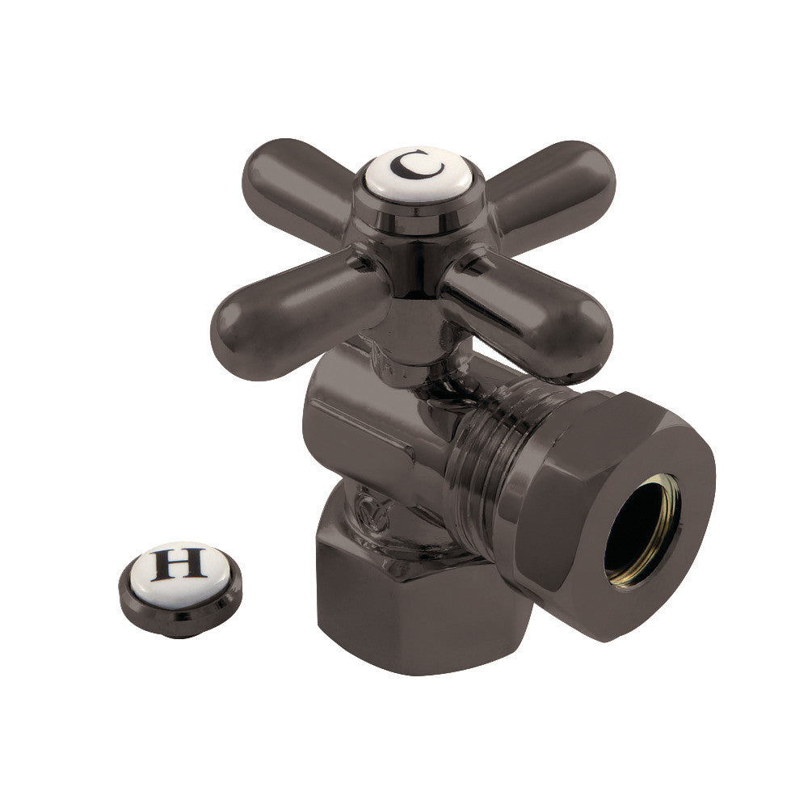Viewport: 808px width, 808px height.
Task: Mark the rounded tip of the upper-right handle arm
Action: click(x=594, y=174)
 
